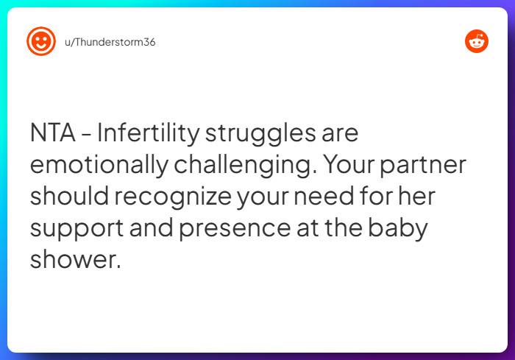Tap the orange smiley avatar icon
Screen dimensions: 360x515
click(41, 41)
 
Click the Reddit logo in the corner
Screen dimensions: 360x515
click(477, 41)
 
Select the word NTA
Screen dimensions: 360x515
click(53, 134)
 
